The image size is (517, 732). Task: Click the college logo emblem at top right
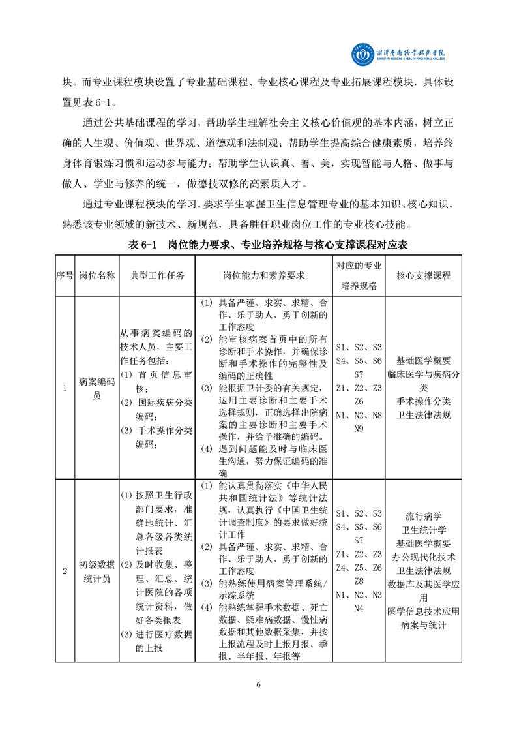click(362, 55)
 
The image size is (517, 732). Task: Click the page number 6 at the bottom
click(259, 684)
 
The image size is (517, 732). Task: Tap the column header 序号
click(64, 275)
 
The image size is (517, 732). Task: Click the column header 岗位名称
click(96, 275)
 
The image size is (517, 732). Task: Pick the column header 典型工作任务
click(157, 275)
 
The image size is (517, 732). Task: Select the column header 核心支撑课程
click(423, 275)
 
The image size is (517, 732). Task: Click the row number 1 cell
click(64, 389)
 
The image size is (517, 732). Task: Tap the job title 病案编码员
click(96, 389)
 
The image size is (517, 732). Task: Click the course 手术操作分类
click(423, 401)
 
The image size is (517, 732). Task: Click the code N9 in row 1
click(359, 428)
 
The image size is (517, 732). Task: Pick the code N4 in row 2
click(359, 608)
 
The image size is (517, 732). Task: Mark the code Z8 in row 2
click(359, 581)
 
